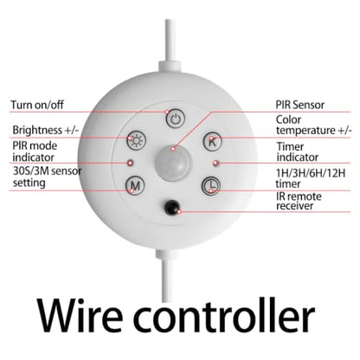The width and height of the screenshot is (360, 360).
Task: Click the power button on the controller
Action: (176, 119)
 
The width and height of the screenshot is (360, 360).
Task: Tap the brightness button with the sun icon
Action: (136, 141)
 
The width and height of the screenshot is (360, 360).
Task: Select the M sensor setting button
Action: (135, 185)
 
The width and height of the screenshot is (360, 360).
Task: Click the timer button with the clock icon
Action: (210, 185)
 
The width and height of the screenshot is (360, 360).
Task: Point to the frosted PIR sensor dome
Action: (173, 163)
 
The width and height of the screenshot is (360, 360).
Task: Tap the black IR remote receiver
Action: (172, 207)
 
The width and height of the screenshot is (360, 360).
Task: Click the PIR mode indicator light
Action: (130, 163)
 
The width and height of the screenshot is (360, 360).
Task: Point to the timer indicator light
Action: (215, 163)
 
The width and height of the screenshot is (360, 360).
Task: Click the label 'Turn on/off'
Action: (37, 105)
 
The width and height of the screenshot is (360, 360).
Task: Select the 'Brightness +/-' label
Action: (46, 130)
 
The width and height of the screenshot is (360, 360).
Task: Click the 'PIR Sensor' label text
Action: (300, 105)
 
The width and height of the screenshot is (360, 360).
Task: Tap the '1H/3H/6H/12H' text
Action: (311, 173)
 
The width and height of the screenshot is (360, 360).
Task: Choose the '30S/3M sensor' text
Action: (48, 171)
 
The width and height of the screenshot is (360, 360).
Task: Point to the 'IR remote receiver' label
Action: (299, 201)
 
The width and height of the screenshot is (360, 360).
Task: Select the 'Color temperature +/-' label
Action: (314, 125)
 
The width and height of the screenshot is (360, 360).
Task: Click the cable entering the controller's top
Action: (170, 46)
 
